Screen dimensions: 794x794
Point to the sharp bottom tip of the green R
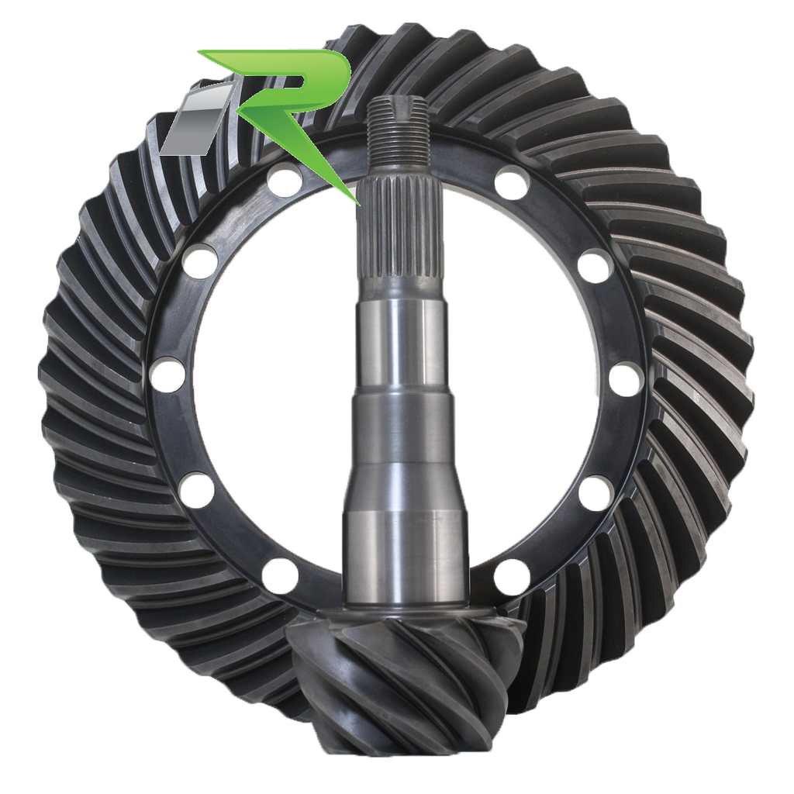pyautogui.click(x=358, y=204)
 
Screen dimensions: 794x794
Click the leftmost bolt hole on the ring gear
pyautogui.click(x=168, y=375)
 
